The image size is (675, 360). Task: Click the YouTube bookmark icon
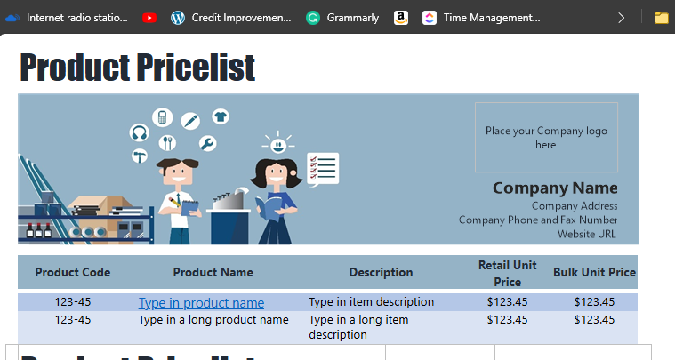149,17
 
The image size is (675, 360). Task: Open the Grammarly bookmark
343,17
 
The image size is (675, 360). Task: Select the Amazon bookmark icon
401,17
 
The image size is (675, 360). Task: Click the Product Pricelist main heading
137,68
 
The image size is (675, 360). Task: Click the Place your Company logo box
546,137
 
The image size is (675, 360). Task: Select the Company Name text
555,188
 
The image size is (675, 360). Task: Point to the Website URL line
587,234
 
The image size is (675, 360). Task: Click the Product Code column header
73,272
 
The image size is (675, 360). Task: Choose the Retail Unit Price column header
507,273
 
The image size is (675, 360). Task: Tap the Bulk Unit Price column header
594,272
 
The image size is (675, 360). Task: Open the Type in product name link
201,302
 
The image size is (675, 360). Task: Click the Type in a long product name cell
213,319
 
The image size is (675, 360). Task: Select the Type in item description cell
371,301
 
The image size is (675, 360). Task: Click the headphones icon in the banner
139,132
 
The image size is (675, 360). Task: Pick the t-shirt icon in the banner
221,116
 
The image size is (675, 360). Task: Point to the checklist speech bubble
323,168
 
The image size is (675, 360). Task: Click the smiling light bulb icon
278,142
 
